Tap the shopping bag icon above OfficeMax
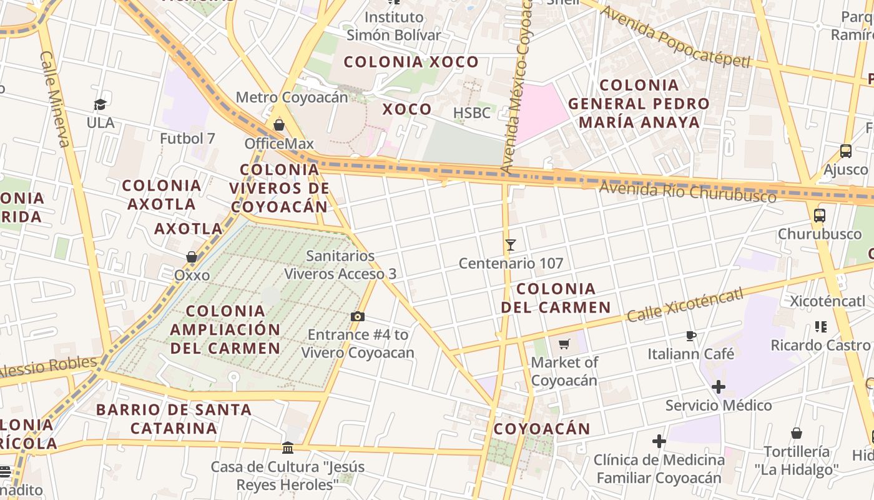click(279, 125)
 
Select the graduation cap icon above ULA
click(101, 104)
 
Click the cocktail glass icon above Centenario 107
click(511, 245)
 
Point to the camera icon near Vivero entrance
click(358, 316)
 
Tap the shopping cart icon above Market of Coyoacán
click(564, 344)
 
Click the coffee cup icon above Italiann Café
click(690, 336)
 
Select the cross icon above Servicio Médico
click(719, 387)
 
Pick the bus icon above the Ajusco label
click(846, 151)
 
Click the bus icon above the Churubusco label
click(820, 216)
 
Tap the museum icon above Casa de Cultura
click(288, 447)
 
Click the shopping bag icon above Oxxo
click(192, 257)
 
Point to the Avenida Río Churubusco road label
click(688, 192)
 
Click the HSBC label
click(472, 113)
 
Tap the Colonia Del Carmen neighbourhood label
click(556, 298)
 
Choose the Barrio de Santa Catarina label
click(174, 419)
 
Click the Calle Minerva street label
click(55, 99)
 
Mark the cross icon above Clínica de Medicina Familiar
click(659, 442)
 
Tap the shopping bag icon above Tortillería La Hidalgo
click(797, 433)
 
